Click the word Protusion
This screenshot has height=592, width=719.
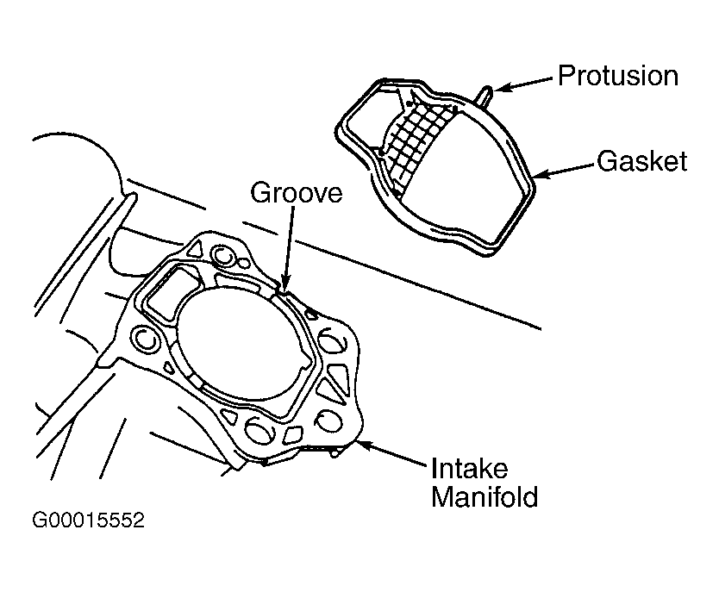pyautogui.click(x=617, y=76)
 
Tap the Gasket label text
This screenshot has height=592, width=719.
pyautogui.click(x=642, y=161)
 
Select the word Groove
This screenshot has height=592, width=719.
pyautogui.click(x=297, y=192)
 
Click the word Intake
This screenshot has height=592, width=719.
pyautogui.click(x=470, y=468)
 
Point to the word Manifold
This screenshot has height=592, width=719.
pyautogui.click(x=485, y=496)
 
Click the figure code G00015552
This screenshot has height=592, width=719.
pyautogui.click(x=89, y=520)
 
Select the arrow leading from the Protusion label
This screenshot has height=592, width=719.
pyautogui.click(x=523, y=84)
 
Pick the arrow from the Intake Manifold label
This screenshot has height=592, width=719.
pyautogui.click(x=392, y=453)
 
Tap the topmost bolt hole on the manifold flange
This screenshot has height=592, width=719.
pyautogui.click(x=223, y=257)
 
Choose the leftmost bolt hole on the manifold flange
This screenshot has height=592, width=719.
pyautogui.click(x=145, y=340)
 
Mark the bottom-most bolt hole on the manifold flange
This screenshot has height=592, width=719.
pyautogui.click(x=258, y=431)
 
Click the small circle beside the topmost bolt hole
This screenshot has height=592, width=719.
pyautogui.click(x=244, y=264)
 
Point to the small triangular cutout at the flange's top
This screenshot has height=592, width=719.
pyautogui.click(x=196, y=249)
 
